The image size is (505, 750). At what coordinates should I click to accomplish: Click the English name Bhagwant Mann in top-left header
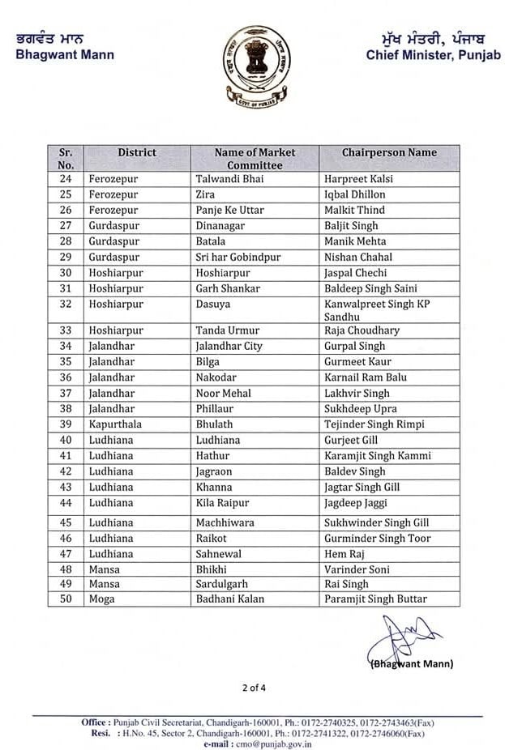click(x=65, y=55)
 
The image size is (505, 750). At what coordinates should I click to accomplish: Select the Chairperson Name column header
click(x=388, y=152)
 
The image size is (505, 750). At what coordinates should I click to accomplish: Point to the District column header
click(x=137, y=152)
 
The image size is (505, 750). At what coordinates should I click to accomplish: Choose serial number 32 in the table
click(x=66, y=305)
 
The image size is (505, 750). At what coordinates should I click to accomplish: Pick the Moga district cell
click(x=104, y=599)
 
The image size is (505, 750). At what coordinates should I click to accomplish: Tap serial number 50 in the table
click(x=66, y=599)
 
